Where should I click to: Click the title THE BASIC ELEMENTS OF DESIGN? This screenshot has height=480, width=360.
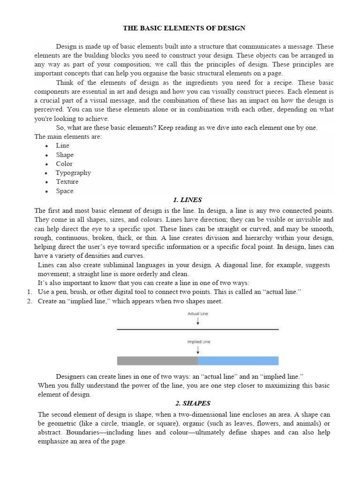tap(184, 28)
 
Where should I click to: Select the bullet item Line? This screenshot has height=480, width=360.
tap(62, 145)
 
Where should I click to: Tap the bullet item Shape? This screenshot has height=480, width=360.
tap(65, 155)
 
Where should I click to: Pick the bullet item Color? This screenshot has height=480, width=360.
tap(64, 164)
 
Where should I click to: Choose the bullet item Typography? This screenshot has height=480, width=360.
tap(73, 172)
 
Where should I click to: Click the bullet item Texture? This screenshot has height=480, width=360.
tap(67, 181)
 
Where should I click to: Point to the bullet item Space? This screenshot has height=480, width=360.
tap(65, 191)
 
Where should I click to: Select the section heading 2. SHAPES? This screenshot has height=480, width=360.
tap(186, 403)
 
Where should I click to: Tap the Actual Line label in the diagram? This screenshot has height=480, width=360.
tap(198, 314)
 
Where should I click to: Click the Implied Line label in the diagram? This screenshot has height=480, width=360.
tap(198, 342)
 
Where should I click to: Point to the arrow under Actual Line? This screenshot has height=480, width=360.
tap(198, 322)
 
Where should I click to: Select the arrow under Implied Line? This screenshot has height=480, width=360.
tap(198, 350)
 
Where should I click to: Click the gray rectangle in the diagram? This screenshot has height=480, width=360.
tap(157, 360)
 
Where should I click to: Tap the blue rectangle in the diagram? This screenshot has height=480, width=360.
tap(238, 360)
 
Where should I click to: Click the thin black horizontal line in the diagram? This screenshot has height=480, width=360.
tap(198, 330)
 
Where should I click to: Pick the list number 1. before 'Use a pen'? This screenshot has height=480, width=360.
tap(30, 292)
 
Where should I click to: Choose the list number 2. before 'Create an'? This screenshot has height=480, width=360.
tap(30, 301)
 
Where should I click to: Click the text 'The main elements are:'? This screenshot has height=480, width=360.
tap(68, 136)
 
